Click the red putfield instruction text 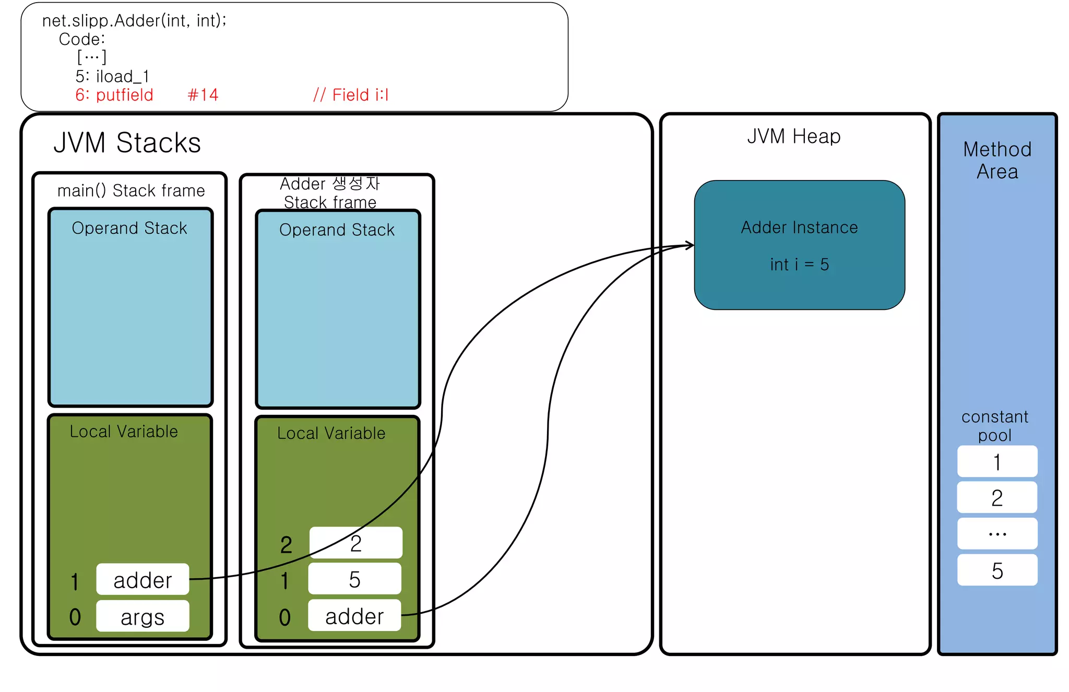pyautogui.click(x=114, y=95)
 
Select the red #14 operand pyautogui.click(x=203, y=95)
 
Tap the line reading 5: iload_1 pyautogui.click(x=112, y=77)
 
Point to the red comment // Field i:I pyautogui.click(x=351, y=95)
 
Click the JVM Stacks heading pyautogui.click(x=127, y=142)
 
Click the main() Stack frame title pyautogui.click(x=131, y=190)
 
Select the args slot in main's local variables pyautogui.click(x=142, y=617)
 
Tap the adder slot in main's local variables pyautogui.click(x=142, y=580)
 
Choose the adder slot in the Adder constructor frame pyautogui.click(x=354, y=616)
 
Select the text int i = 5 pyautogui.click(x=799, y=265)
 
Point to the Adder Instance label pyautogui.click(x=799, y=228)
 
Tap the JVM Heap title pyautogui.click(x=793, y=136)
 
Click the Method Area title pyautogui.click(x=997, y=160)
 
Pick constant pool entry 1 pyautogui.click(x=997, y=462)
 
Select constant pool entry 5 pyautogui.click(x=997, y=570)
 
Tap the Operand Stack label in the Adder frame pyautogui.click(x=337, y=230)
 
